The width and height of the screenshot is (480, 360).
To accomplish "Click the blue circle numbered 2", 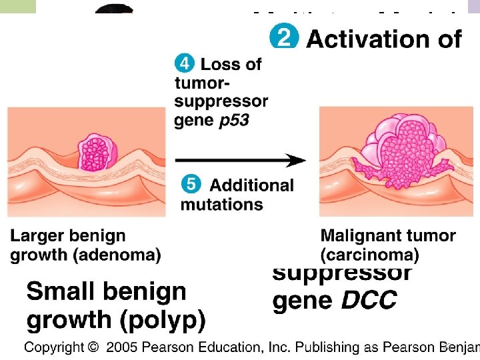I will click(x=283, y=37).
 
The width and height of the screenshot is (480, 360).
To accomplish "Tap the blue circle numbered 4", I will click(x=185, y=64).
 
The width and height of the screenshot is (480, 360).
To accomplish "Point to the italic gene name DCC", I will click(x=369, y=301).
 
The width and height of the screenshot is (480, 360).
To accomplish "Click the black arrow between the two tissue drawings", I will click(x=240, y=161).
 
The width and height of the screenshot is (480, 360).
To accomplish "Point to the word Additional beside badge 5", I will click(x=251, y=185).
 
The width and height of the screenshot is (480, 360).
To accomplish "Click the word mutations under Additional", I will click(x=221, y=204).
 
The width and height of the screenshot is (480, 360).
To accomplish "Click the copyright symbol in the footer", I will click(x=92, y=347).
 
